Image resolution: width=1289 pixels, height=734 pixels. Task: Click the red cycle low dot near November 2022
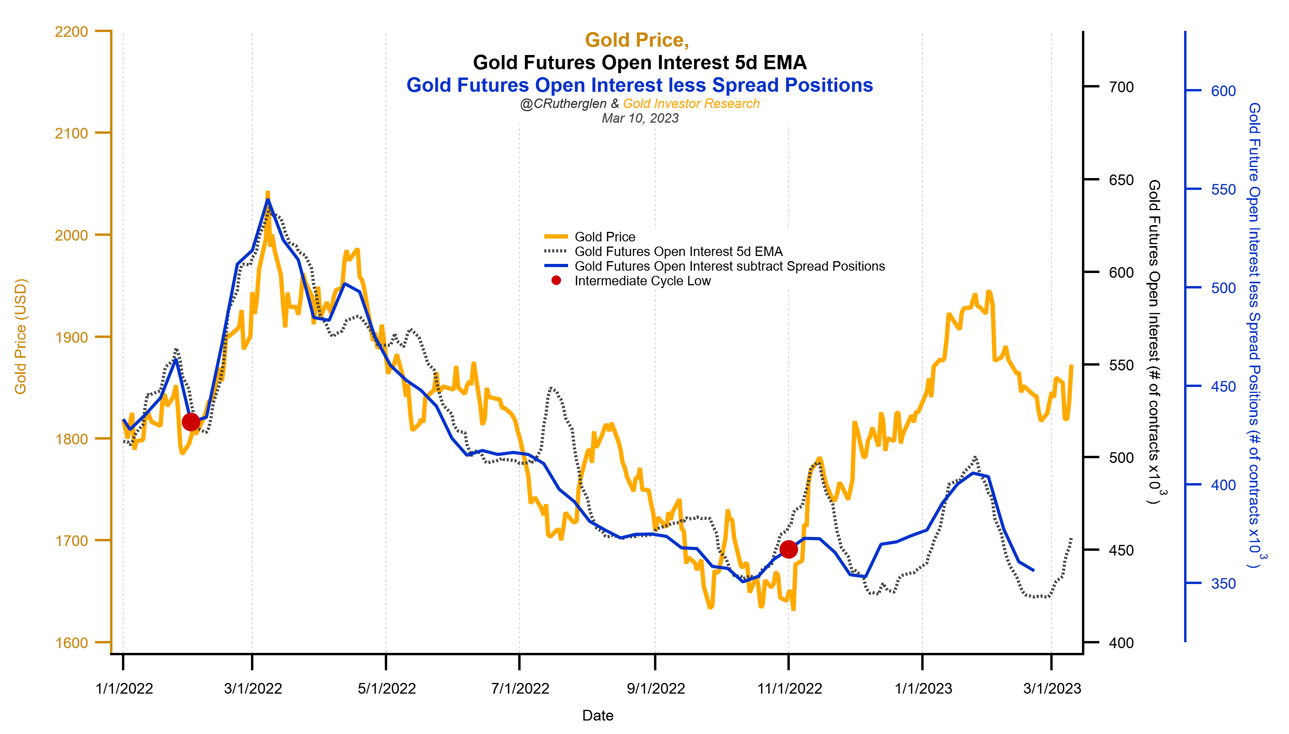click(788, 549)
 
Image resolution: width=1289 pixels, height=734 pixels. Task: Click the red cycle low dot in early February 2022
click(191, 421)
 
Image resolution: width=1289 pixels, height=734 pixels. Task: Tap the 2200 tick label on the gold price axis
click(71, 31)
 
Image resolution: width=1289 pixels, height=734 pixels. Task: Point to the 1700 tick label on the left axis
click(71, 541)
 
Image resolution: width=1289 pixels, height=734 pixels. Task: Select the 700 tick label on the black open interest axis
click(1121, 87)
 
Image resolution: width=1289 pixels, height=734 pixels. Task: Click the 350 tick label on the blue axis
click(1223, 584)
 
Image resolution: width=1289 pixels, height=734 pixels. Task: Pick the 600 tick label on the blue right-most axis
click(1223, 91)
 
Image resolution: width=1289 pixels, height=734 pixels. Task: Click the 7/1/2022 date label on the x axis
click(520, 688)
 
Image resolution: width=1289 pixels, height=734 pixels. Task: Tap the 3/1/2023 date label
click(1052, 688)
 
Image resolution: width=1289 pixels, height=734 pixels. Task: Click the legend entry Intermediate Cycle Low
click(642, 281)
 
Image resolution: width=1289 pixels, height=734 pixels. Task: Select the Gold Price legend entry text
click(605, 237)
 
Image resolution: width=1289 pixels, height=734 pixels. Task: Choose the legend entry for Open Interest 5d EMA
click(678, 252)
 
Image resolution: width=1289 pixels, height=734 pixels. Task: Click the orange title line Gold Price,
click(637, 40)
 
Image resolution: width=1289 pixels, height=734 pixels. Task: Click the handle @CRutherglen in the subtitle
click(563, 103)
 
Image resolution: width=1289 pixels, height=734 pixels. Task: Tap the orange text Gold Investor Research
click(691, 103)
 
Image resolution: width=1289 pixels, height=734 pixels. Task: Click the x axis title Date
click(598, 715)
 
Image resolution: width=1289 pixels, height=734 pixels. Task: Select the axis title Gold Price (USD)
click(20, 336)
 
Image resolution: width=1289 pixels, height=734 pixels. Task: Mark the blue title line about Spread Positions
click(639, 85)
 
